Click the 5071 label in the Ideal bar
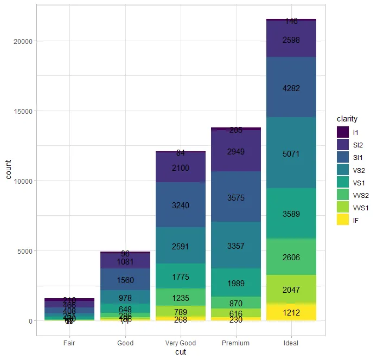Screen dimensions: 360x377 click(x=291, y=154)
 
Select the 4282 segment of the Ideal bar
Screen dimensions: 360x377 click(x=291, y=88)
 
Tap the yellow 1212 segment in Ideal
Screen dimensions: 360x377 click(x=291, y=312)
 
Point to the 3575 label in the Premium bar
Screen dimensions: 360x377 click(x=235, y=198)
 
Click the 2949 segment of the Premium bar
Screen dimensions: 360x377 click(x=235, y=152)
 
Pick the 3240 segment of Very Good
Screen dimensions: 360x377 click(x=180, y=205)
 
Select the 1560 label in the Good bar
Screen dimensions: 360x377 click(x=125, y=280)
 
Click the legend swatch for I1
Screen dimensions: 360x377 click(x=342, y=132)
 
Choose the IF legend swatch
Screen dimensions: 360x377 click(x=342, y=220)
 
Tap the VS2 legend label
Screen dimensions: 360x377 click(x=359, y=170)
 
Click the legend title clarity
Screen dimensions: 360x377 click(x=347, y=119)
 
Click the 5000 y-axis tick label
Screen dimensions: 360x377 click(x=27, y=251)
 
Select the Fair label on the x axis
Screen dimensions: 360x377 click(x=69, y=343)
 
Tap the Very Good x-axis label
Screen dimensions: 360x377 click(x=180, y=343)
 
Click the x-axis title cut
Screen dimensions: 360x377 click(x=180, y=352)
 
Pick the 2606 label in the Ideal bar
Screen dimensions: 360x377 click(x=291, y=258)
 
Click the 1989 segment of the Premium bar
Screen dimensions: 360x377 click(x=235, y=283)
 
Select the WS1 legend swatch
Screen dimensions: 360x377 click(x=342, y=207)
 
